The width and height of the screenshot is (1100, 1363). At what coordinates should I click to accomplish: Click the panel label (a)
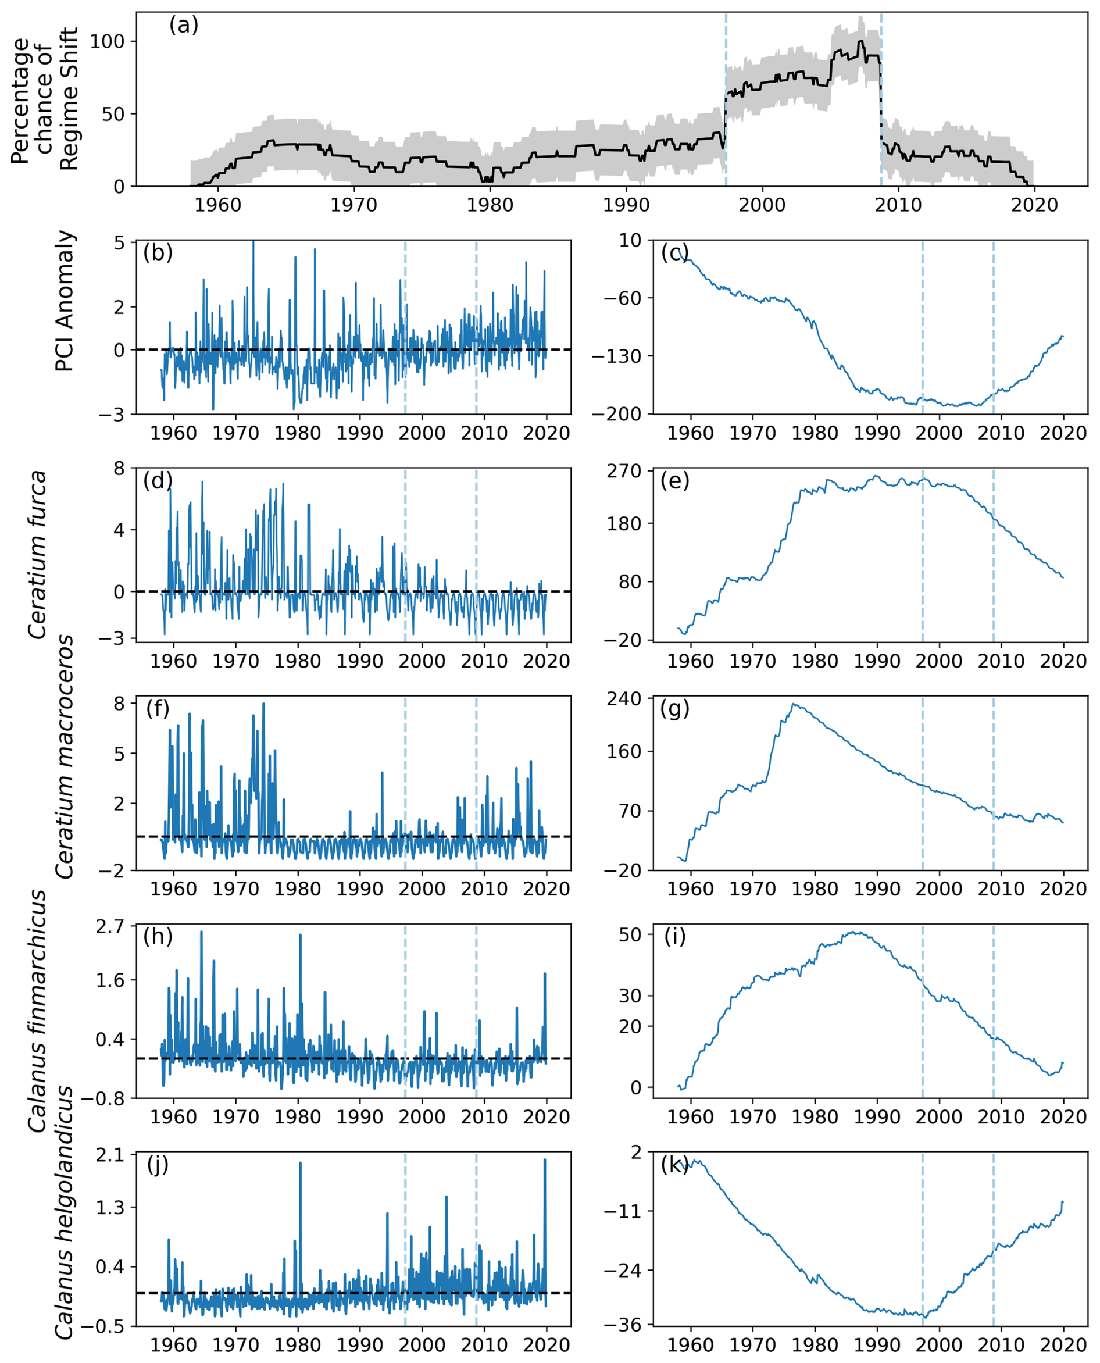click(x=184, y=26)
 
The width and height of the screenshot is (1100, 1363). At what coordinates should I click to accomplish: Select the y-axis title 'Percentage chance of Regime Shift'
click(x=44, y=99)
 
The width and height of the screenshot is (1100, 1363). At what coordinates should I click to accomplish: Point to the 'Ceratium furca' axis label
click(x=38, y=555)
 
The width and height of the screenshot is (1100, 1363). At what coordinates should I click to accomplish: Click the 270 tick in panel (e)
click(x=625, y=472)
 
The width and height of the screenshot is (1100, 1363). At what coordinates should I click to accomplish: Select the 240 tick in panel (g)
click(x=625, y=699)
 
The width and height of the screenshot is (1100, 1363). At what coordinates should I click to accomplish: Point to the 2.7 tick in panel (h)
click(x=110, y=927)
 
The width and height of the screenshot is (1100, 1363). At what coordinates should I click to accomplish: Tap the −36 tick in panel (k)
click(x=625, y=1325)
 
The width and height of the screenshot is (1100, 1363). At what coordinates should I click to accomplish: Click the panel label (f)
click(x=158, y=708)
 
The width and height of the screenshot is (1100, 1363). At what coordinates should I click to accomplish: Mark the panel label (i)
click(x=675, y=937)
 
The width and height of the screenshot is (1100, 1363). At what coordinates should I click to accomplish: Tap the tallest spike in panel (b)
click(x=253, y=241)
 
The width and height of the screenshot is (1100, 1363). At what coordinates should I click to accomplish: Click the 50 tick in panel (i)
click(x=630, y=935)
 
